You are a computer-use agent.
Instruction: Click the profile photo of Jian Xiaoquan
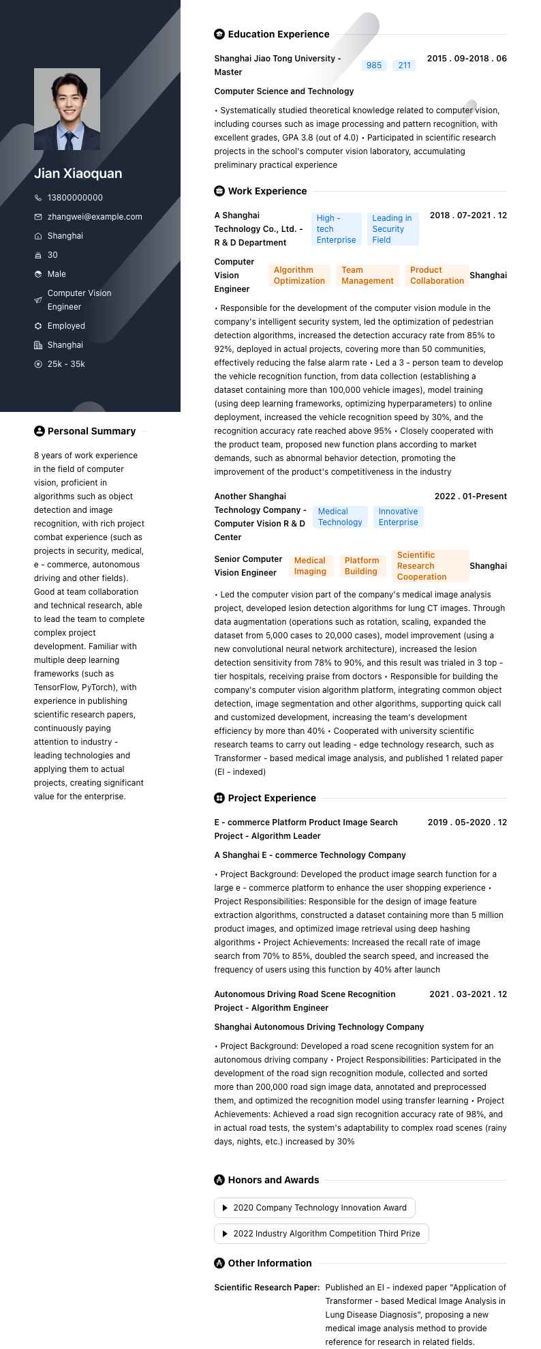(67, 109)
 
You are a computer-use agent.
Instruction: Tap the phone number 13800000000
(75, 198)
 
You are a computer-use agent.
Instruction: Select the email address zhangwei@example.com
(95, 217)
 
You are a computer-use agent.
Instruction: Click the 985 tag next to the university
(374, 65)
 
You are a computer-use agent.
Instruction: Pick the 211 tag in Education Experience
(405, 65)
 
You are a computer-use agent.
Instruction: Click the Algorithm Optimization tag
(299, 276)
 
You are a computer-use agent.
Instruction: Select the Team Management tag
(367, 276)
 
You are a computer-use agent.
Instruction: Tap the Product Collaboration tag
(437, 276)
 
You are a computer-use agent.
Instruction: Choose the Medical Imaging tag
(310, 566)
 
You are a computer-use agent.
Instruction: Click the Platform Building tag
(361, 566)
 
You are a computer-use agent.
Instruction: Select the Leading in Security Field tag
(392, 229)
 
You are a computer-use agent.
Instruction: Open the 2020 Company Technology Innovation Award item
(315, 1208)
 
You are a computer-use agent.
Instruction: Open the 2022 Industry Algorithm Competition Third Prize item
(322, 1234)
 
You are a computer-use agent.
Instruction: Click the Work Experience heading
(267, 191)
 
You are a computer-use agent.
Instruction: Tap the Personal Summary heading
(91, 431)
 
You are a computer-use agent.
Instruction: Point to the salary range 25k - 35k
(66, 364)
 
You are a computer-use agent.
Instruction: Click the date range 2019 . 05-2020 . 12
(467, 822)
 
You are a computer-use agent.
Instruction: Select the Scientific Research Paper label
(267, 1288)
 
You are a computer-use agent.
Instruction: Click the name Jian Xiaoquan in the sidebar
(78, 173)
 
